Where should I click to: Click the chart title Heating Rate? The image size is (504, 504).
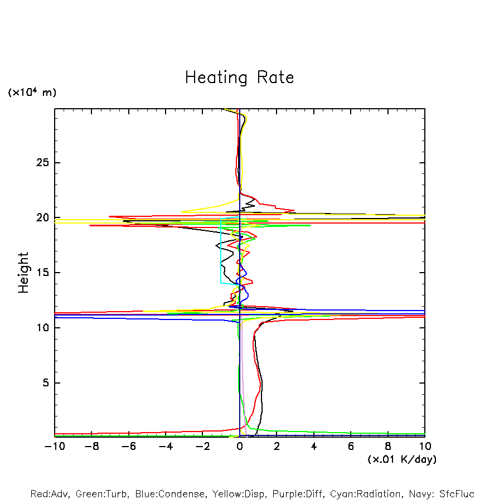point(239,77)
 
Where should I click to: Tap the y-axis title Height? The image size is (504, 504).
point(23,273)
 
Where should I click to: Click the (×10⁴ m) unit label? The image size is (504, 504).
point(32,93)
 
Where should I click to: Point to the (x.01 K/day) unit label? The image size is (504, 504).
point(401,459)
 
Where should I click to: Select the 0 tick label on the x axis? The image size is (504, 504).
point(240,446)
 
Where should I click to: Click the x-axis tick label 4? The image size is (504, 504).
point(314,446)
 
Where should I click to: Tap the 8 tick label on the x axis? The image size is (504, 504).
point(388,446)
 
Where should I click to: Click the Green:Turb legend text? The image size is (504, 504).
point(101,494)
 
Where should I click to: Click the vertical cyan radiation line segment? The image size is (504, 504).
point(221,251)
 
